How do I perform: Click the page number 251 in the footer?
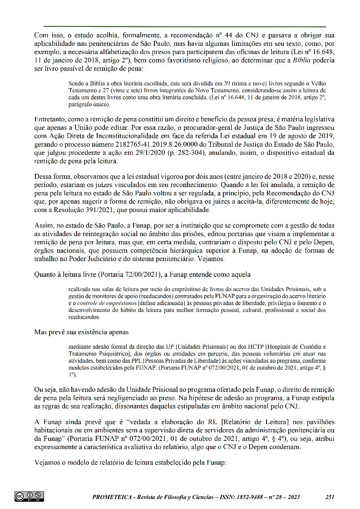tap(330, 497)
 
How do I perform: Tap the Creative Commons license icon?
tap(29, 496)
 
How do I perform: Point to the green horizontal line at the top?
tap(185, 26)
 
